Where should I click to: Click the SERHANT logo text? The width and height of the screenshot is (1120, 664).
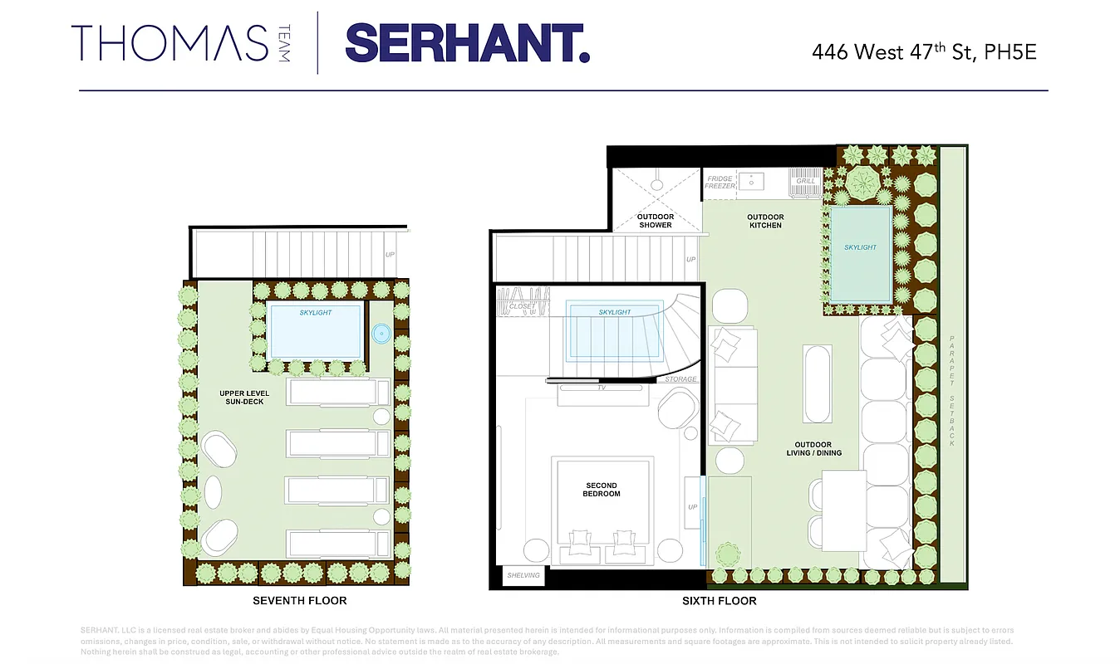[467, 43]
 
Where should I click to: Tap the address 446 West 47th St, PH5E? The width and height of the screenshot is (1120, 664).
[924, 51]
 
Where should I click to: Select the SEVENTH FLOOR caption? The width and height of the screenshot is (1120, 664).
[300, 600]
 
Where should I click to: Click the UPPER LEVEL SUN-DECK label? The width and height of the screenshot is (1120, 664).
[245, 397]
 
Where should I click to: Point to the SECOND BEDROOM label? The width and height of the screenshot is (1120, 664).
[602, 490]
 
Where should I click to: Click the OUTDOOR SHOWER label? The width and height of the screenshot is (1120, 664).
[655, 221]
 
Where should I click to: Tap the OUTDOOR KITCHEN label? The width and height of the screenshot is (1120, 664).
[765, 221]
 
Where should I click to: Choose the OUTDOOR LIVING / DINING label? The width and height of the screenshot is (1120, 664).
[813, 448]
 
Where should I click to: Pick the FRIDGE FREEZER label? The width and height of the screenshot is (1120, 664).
[720, 182]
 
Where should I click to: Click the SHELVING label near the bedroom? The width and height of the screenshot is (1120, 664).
[523, 575]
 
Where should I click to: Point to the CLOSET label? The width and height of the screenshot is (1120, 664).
[523, 306]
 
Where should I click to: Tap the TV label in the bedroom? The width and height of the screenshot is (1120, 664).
[602, 388]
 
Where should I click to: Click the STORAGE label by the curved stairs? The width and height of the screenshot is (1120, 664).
[680, 379]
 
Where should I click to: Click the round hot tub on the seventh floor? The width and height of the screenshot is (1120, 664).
[381, 334]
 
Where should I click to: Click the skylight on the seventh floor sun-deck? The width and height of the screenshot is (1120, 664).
[315, 330]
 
